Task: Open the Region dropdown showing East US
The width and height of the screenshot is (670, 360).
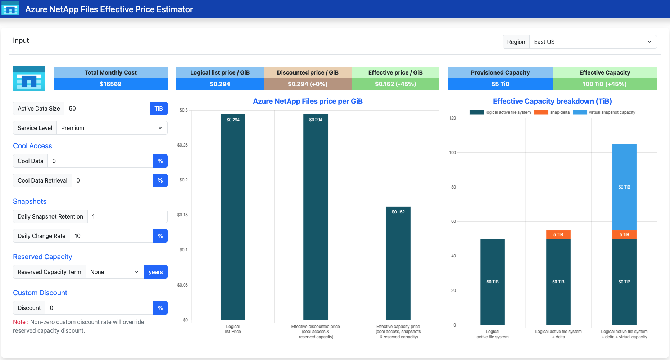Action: tap(593, 42)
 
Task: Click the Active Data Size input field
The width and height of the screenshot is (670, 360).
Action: tap(107, 108)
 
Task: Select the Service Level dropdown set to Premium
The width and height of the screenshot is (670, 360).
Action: tap(112, 128)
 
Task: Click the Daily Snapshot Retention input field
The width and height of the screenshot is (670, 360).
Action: tap(127, 216)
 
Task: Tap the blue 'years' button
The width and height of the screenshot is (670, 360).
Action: tap(156, 272)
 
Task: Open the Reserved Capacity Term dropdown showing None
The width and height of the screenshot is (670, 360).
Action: tap(115, 272)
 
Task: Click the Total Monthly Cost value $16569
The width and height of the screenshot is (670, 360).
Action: tap(110, 84)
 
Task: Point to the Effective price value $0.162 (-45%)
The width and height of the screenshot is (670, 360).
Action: tap(395, 84)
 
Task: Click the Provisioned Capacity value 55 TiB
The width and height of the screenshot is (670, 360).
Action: tap(500, 84)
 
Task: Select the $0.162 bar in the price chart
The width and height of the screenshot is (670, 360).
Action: tap(398, 263)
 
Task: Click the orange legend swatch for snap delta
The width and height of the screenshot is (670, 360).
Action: tap(541, 112)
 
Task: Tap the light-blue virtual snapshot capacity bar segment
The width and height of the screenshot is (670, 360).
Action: tap(624, 187)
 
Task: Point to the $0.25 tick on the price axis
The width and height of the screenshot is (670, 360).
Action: tap(182, 145)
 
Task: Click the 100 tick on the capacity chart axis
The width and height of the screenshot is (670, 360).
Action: tap(452, 153)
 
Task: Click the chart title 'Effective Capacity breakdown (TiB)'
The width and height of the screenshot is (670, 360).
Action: tap(552, 101)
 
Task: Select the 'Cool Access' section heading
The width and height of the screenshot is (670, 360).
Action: tap(32, 146)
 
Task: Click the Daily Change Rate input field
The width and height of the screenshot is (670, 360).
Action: tap(112, 236)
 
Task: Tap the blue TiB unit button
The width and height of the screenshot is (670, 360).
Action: tap(159, 108)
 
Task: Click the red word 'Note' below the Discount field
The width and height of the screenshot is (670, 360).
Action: tap(19, 322)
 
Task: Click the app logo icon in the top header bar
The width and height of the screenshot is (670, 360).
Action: tap(10, 9)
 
